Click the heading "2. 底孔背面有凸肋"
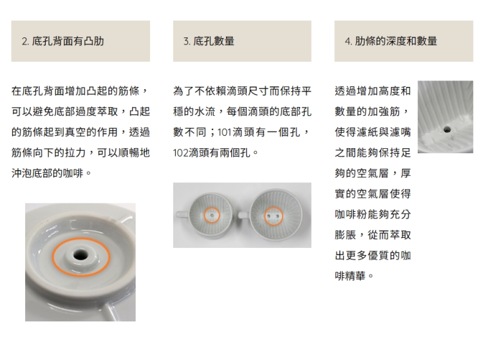point(63,41)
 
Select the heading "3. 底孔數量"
point(209,41)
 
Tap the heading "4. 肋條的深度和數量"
point(391,41)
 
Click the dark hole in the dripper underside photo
point(80,254)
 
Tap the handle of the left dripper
point(182,214)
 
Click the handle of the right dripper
point(244,214)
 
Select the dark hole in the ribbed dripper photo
point(447,129)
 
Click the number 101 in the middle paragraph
point(224,133)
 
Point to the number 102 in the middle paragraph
point(180,153)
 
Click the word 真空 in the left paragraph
point(76,132)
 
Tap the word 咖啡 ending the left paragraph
point(73,173)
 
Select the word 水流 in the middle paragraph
point(205,111)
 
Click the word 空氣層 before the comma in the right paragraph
point(372,173)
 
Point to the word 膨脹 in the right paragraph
point(345,235)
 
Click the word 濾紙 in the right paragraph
point(367,132)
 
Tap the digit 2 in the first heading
point(24,41)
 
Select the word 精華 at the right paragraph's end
point(355,276)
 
